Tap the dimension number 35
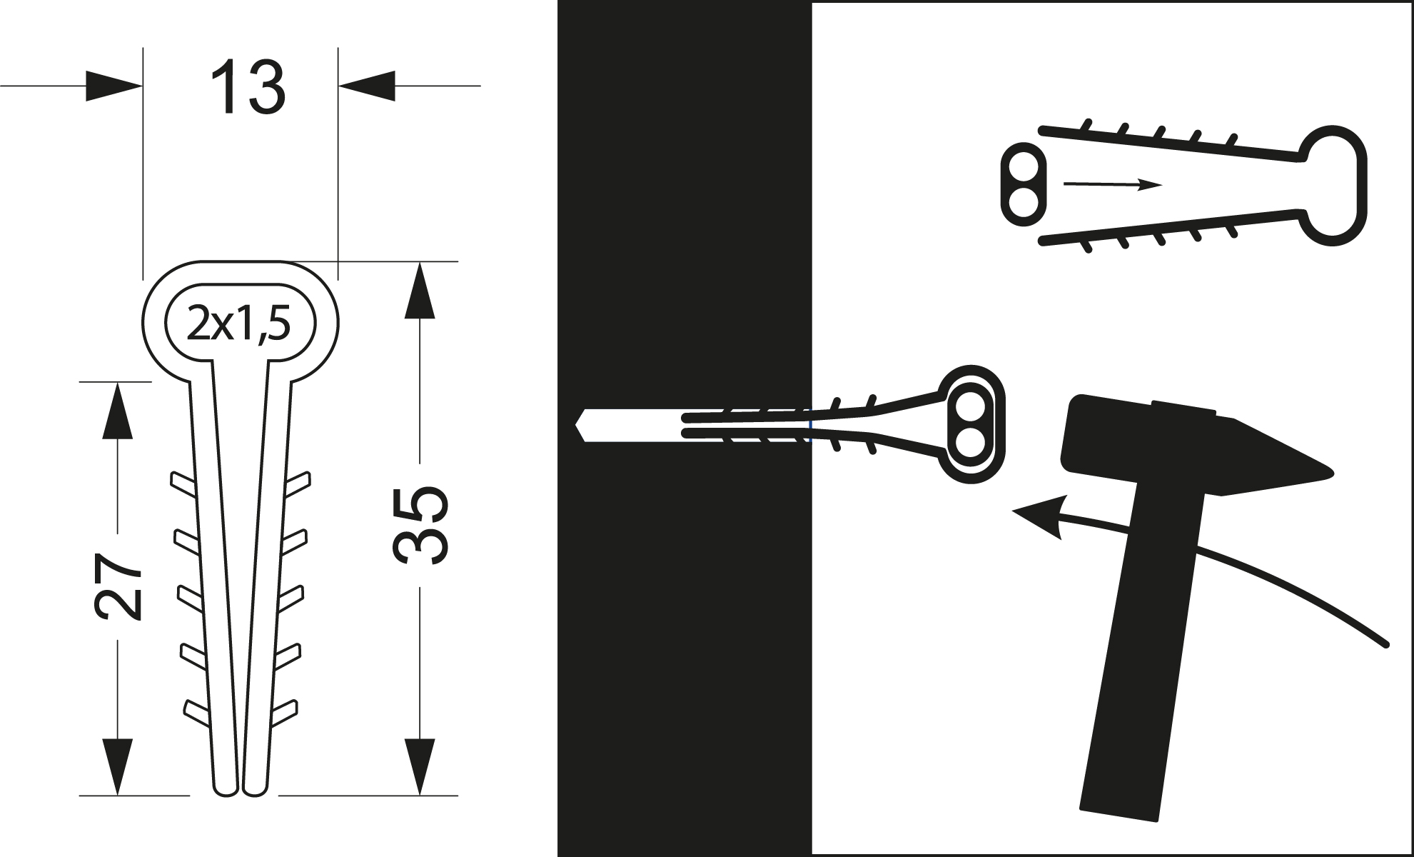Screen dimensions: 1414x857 pos(420,526)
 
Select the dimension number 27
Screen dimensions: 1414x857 pos(118,586)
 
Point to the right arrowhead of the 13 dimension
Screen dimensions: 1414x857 pos(366,86)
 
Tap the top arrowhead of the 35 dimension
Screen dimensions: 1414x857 pos(420,290)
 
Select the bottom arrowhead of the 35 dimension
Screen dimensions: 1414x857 pos(420,766)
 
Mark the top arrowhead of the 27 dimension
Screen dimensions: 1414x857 pos(117,411)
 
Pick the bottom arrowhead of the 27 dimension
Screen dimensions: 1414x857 pos(117,766)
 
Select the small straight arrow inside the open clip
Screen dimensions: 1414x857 pos(1113,185)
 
